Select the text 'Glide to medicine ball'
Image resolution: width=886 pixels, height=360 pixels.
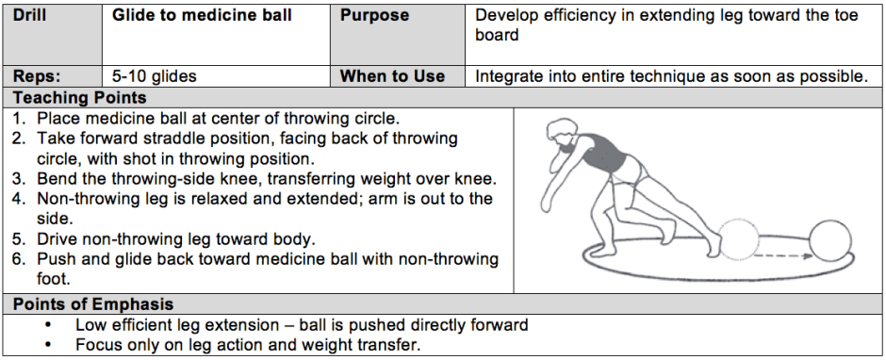pos(202,15)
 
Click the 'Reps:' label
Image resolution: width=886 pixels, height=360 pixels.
pos(37,76)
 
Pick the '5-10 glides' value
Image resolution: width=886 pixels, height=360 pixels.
pos(154,76)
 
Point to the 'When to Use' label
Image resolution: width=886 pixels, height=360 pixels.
pos(392,76)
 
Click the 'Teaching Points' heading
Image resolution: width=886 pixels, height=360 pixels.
pos(80,98)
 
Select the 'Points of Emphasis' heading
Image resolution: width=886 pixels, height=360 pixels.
pos(93,304)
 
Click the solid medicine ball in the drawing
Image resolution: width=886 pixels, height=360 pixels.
pos(829,239)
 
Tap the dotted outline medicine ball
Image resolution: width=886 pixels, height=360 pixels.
pos(740,239)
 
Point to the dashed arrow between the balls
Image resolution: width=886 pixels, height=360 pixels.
pos(781,256)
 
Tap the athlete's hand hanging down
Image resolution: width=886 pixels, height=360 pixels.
pos(547,202)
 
